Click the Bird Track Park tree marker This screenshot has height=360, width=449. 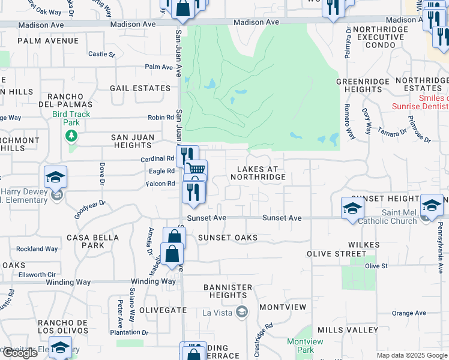(x=71, y=136)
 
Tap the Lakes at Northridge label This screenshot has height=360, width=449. (x=258, y=173)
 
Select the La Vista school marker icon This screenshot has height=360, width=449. (x=242, y=311)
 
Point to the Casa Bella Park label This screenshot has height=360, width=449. (x=85, y=241)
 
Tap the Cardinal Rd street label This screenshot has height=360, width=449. (x=158, y=159)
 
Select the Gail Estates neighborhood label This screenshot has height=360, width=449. (x=140, y=88)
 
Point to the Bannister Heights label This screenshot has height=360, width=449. (x=229, y=291)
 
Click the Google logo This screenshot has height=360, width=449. (x=19, y=353)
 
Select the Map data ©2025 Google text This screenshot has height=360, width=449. (x=411, y=355)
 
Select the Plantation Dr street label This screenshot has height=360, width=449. (x=129, y=332)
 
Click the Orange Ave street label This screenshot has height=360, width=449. (x=409, y=313)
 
